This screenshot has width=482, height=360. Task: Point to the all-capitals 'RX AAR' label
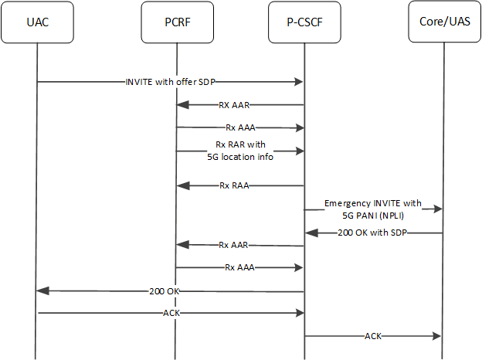(233, 104)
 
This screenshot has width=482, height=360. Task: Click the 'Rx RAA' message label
(235, 185)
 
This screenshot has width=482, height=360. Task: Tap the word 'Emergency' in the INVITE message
(349, 203)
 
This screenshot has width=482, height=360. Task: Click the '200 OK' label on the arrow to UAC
(166, 292)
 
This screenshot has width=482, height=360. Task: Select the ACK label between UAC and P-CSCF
(172, 314)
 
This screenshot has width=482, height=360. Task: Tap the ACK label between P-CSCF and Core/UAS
(373, 337)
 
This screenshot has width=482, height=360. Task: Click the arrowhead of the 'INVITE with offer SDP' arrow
(298, 82)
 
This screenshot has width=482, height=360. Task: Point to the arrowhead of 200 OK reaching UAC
(43, 291)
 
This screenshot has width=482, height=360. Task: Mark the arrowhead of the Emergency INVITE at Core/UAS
(438, 209)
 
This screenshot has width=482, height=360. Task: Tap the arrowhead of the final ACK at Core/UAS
(438, 337)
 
